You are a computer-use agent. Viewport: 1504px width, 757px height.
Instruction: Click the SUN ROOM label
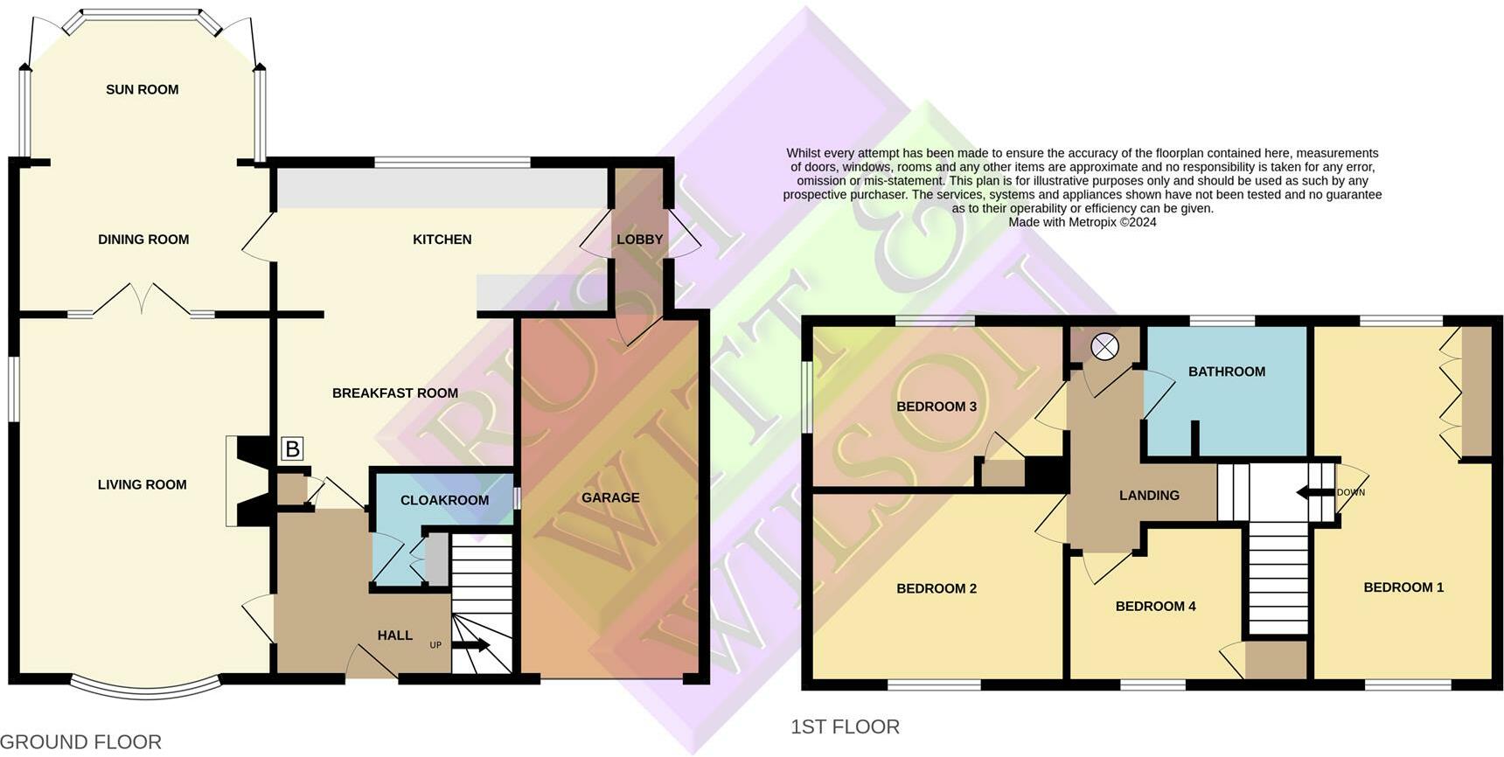tap(142, 89)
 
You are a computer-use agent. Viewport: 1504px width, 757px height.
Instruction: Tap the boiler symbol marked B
tap(292, 449)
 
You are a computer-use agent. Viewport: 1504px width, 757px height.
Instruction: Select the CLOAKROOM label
tap(444, 500)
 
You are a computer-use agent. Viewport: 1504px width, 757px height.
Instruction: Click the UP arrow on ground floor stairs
tap(471, 645)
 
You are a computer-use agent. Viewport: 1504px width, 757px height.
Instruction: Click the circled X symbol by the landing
tap(1104, 348)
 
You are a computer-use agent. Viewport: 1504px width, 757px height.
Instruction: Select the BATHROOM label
tap(1226, 372)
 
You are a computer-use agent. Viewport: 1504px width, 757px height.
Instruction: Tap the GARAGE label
tap(610, 497)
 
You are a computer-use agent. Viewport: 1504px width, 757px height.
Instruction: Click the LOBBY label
tap(639, 240)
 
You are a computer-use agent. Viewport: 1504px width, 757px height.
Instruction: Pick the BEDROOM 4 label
tap(1154, 606)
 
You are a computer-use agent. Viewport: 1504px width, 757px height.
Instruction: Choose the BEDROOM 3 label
tap(936, 406)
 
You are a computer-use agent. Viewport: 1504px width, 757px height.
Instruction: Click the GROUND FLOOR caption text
tap(80, 742)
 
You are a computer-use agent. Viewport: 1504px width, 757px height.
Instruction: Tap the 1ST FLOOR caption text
tap(845, 726)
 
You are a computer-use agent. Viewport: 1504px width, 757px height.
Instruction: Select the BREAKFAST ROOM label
tap(394, 393)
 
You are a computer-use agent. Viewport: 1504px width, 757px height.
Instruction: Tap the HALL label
tap(394, 635)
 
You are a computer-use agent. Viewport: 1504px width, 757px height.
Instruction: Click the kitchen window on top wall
tap(452, 163)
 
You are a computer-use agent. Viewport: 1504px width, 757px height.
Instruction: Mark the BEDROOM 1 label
tap(1403, 587)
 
